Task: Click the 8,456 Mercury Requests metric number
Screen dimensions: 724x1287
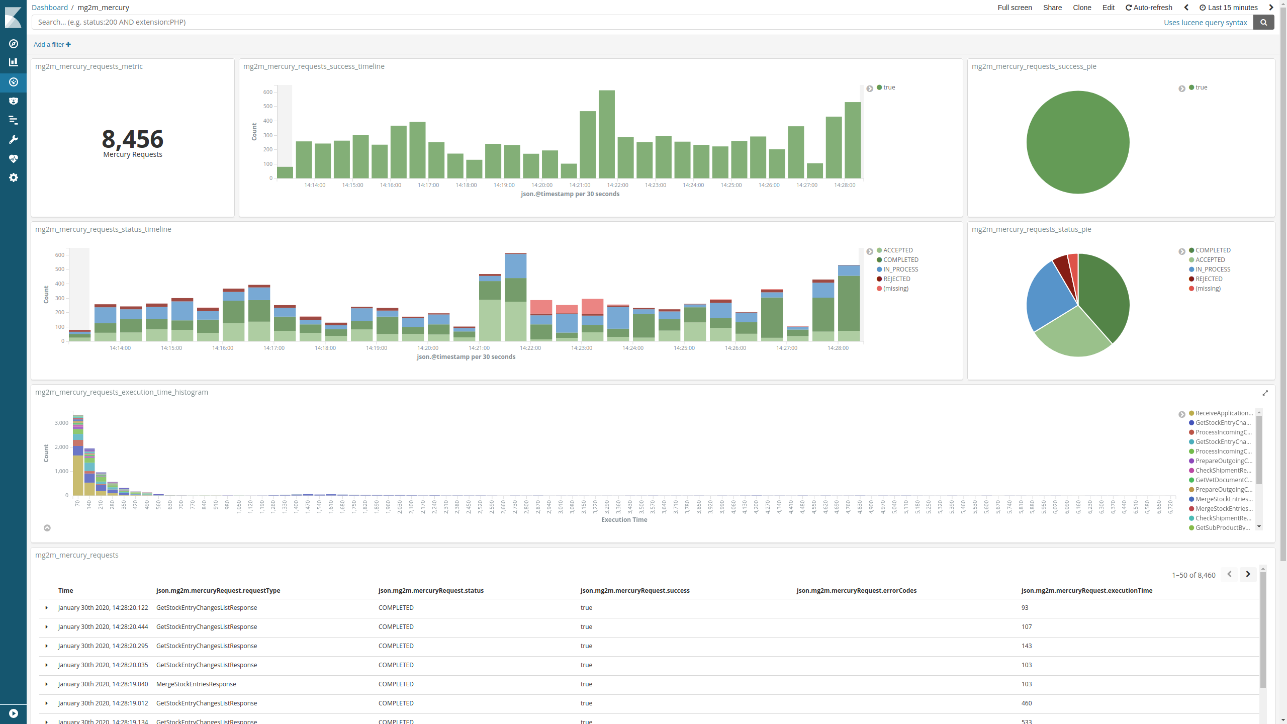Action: [133, 139]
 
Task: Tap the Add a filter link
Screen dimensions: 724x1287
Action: [52, 45]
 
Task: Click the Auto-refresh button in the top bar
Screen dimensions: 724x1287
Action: [1149, 8]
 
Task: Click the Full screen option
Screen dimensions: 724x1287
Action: [1015, 8]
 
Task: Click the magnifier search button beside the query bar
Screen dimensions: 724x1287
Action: [1263, 22]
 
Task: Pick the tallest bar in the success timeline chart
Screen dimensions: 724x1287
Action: [607, 135]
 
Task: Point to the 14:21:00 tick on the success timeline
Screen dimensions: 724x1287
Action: [580, 185]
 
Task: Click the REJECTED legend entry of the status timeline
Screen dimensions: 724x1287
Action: [896, 279]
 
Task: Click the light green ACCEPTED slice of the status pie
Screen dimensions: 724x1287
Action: [1071, 334]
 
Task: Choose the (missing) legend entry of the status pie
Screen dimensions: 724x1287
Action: [1208, 289]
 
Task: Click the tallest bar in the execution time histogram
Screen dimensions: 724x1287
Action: [78, 455]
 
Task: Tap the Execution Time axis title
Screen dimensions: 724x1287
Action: [624, 520]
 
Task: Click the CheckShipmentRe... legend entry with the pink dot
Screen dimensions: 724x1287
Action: [1223, 471]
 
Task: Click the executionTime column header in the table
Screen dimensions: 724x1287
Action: [1086, 591]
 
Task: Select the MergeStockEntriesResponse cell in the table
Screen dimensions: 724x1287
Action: [196, 684]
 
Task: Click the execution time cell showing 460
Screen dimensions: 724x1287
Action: [1026, 703]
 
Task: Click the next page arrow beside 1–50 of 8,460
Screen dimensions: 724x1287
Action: [1248, 574]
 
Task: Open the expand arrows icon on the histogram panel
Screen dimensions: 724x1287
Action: [1265, 393]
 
